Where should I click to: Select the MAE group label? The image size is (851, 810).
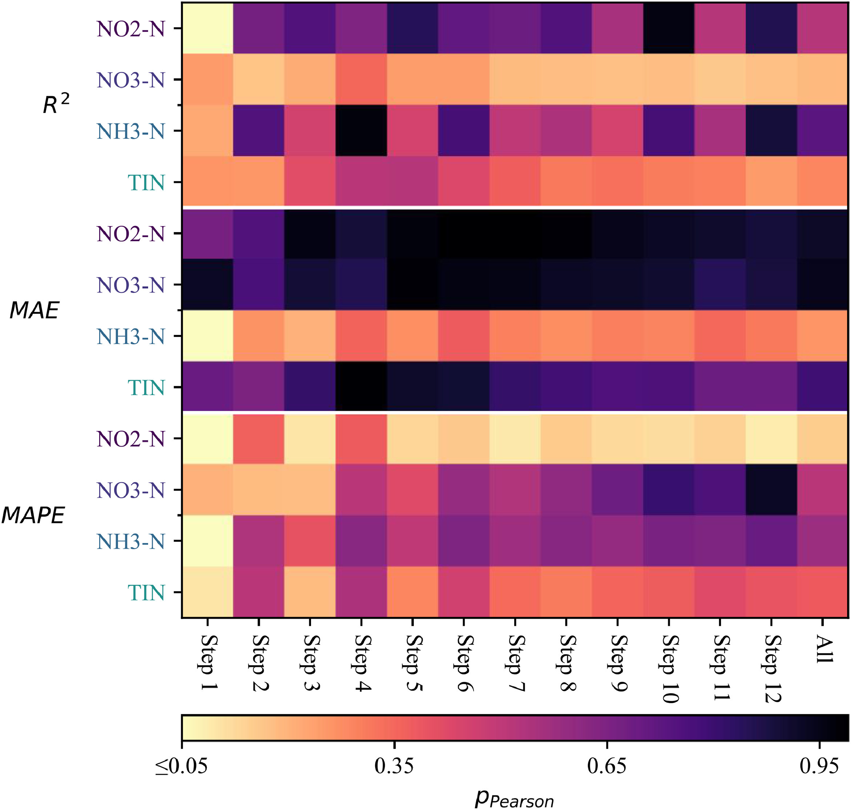coord(35,310)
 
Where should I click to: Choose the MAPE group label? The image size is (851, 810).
coord(33,515)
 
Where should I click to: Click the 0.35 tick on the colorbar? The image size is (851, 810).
coord(394,766)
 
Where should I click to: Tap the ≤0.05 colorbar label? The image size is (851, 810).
coord(181,766)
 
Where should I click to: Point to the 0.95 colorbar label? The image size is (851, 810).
coord(819,766)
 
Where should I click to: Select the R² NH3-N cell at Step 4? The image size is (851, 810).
coord(361,131)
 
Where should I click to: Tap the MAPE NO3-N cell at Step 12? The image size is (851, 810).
coord(771,489)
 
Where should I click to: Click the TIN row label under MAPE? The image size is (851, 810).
coord(146,593)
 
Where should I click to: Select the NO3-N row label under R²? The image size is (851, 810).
coord(131,80)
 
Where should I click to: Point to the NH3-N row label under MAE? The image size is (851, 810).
coord(131,337)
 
